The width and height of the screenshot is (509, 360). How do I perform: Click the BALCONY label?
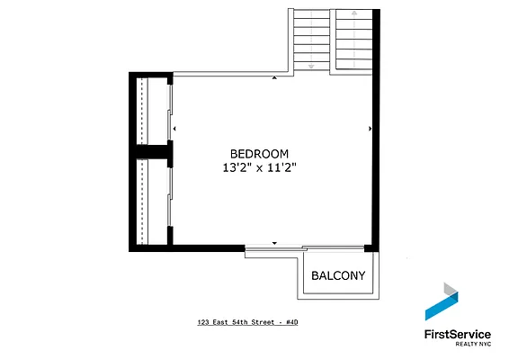[338, 275]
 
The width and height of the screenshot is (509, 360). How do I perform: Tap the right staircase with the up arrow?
[354, 40]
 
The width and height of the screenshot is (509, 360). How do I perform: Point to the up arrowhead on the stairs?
[354, 15]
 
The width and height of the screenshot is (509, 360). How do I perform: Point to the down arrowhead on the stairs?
[311, 67]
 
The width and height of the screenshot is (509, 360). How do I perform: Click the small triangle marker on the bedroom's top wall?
[274, 78]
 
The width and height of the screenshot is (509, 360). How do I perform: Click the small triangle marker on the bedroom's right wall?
[370, 130]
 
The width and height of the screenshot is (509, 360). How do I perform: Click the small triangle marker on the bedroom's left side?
[176, 130]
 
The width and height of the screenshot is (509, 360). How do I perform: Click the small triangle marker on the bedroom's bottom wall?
[274, 242]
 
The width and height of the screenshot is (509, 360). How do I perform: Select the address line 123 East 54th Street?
[237, 321]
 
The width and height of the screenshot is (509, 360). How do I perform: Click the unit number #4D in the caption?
[292, 321]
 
